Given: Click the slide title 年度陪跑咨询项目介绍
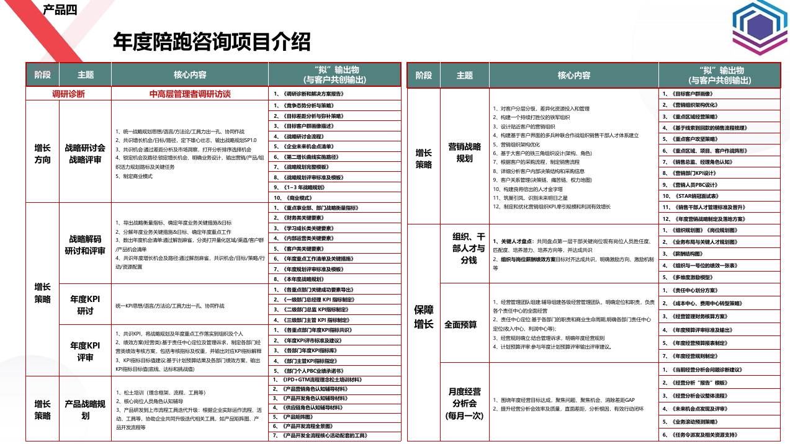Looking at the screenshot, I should click(212, 42).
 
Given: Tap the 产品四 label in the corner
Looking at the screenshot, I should click(60, 9).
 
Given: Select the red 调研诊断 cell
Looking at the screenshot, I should click(68, 94).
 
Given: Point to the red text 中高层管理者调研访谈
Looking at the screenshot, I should click(190, 94).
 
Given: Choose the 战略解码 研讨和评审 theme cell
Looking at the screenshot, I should click(85, 244).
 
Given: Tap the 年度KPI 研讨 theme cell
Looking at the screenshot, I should click(85, 305).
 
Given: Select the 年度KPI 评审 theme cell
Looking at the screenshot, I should click(85, 351).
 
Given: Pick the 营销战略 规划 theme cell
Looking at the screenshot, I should click(464, 153).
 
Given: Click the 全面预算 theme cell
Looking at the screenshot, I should click(460, 324).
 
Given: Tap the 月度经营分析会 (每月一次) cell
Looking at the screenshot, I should click(464, 403).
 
